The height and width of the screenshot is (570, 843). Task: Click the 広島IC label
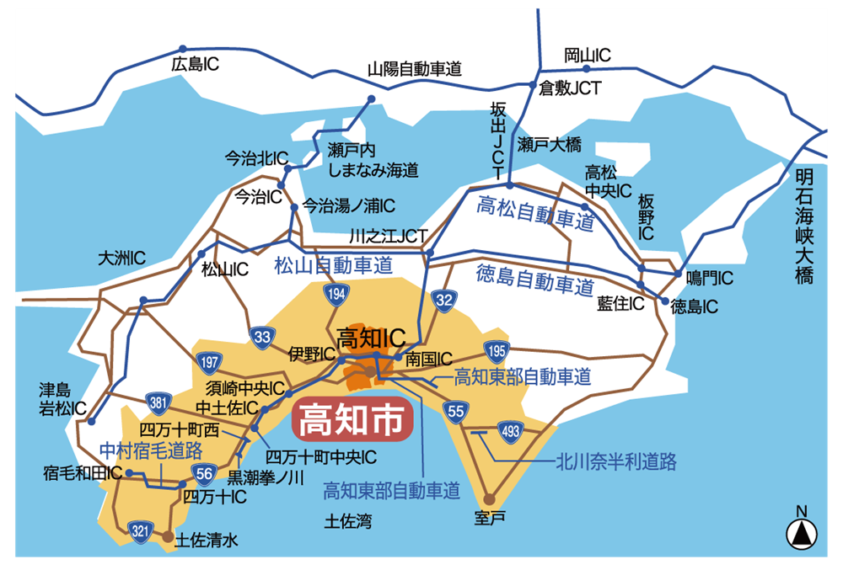pos(195,65)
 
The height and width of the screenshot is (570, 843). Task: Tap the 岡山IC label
pos(588,56)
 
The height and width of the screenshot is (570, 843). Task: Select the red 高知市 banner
pos(352,419)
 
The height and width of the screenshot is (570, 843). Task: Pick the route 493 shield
pos(510,431)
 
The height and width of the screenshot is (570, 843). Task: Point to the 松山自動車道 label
pos(334,266)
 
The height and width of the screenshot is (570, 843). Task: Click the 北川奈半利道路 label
pos(616,461)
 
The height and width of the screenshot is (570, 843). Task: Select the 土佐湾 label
pos(348,521)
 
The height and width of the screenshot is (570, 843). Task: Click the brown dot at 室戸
pos(489,499)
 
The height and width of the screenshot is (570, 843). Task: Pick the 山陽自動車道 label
pos(415,70)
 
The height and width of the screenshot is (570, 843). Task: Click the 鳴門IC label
pos(709,277)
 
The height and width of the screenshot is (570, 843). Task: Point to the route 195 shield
pos(495,350)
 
